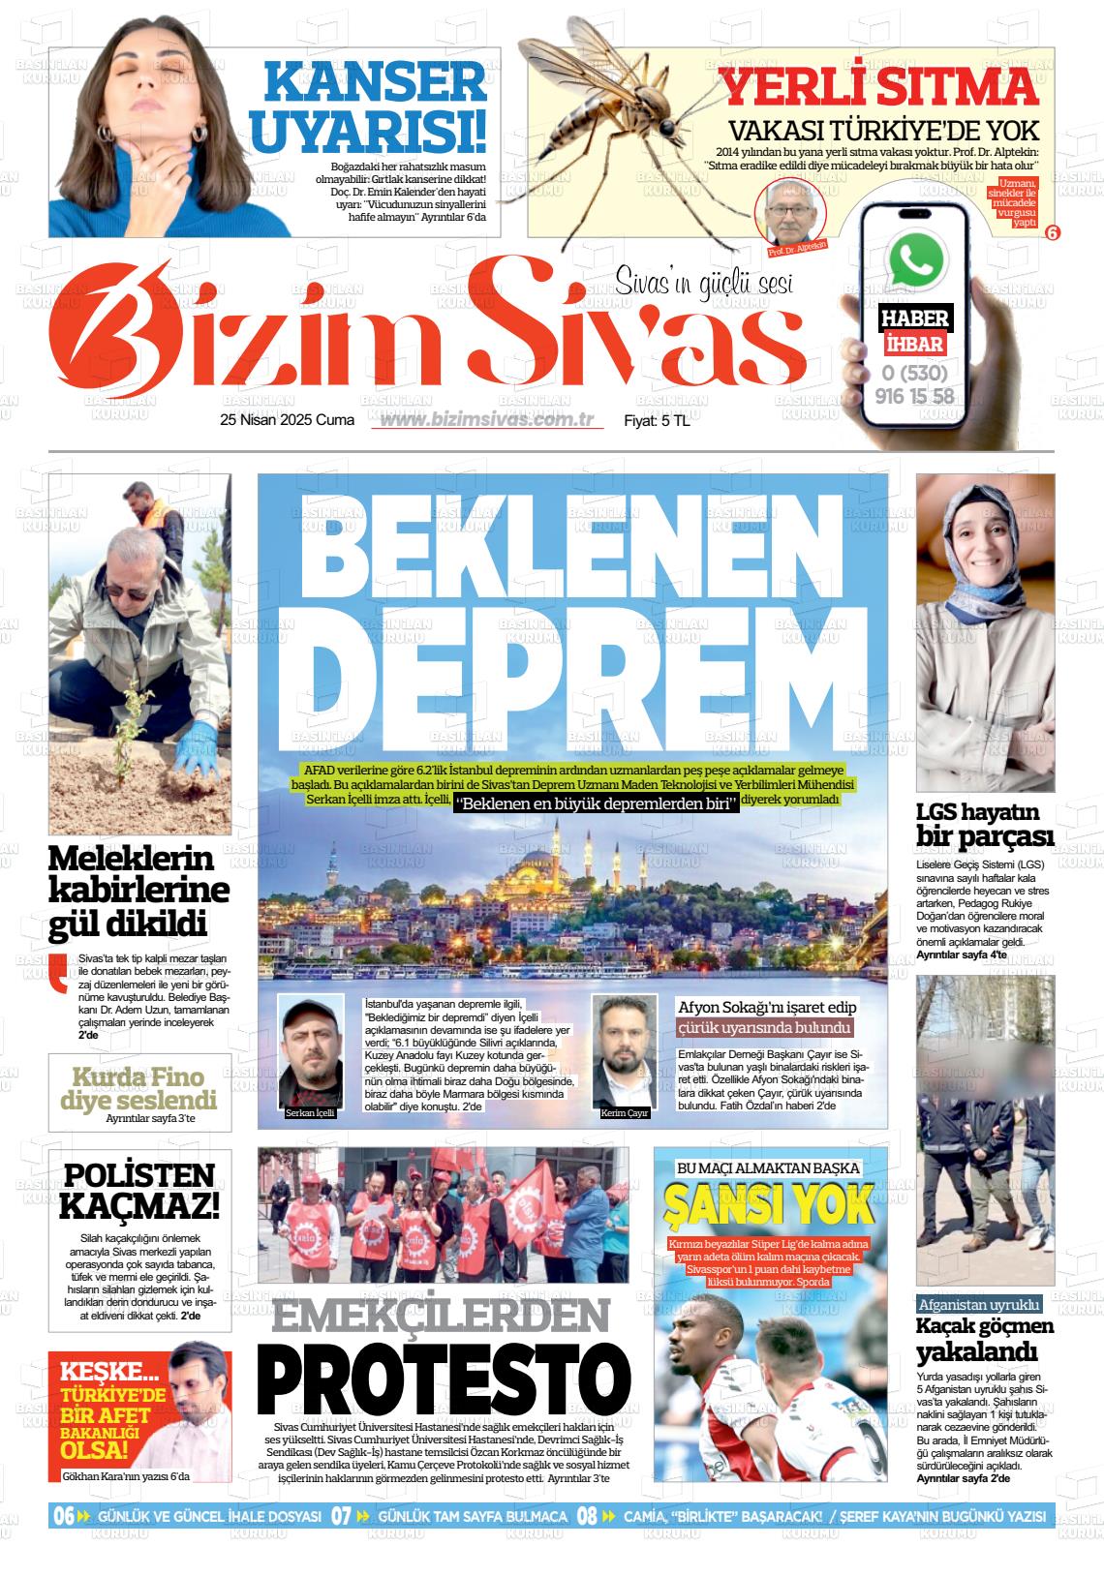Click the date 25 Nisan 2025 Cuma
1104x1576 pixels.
(288, 420)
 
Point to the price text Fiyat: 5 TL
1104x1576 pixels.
(657, 421)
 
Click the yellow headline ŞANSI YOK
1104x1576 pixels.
(769, 1204)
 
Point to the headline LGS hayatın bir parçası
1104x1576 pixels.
(984, 824)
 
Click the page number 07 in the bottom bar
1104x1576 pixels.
(341, 1516)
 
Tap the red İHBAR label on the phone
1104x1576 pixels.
(914, 344)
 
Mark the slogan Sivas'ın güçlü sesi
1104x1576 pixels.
(704, 284)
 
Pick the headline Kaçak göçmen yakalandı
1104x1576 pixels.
(984, 1339)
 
